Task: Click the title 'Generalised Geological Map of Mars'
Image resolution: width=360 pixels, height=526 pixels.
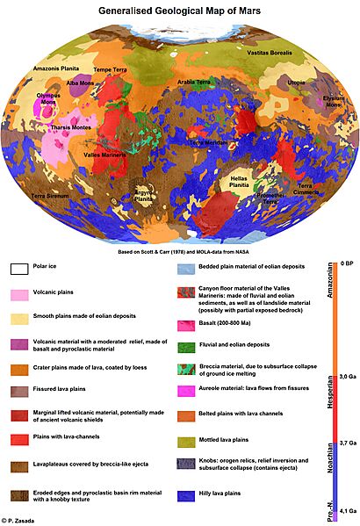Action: [179, 10]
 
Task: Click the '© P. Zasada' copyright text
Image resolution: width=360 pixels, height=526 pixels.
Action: [25, 521]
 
